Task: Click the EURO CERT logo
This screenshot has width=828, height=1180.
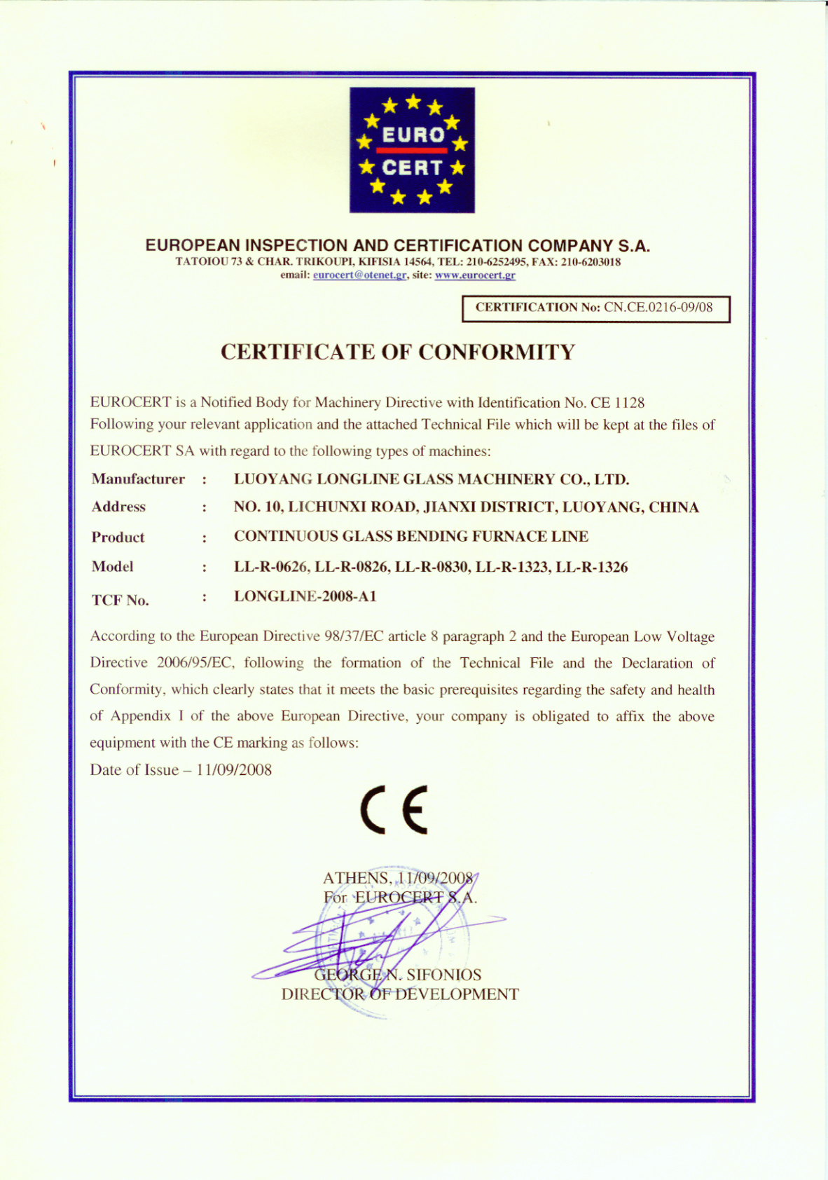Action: [x=412, y=150]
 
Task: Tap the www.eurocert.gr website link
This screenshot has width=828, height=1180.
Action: [x=475, y=275]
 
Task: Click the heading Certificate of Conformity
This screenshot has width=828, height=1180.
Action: [x=397, y=352]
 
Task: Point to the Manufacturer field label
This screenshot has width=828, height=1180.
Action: [x=138, y=479]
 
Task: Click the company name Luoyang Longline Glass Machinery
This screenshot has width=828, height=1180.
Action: [x=431, y=479]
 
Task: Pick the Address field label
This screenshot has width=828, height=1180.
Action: [x=118, y=507]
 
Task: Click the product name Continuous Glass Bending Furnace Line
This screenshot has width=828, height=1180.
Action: [x=410, y=537]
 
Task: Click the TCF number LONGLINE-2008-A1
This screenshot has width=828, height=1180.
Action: [x=305, y=596]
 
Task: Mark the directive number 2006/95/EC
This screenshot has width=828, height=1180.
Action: [x=188, y=663]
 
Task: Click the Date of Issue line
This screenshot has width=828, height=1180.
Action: [x=181, y=770]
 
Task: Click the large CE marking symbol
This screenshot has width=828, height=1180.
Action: [x=394, y=809]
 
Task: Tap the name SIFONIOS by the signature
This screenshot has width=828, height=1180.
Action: [x=443, y=975]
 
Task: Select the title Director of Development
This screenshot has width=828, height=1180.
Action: [x=400, y=994]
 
